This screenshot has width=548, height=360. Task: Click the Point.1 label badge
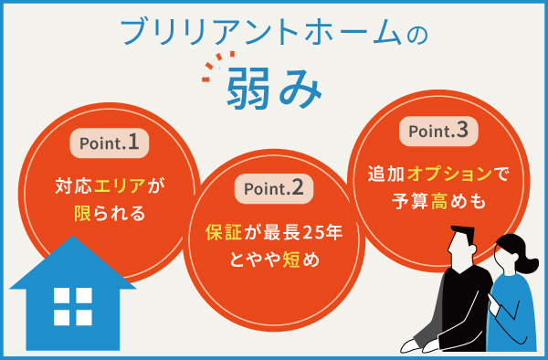coord(109,143)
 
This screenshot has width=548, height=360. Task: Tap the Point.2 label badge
coord(273,189)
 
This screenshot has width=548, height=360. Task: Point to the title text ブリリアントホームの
coord(273,33)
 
